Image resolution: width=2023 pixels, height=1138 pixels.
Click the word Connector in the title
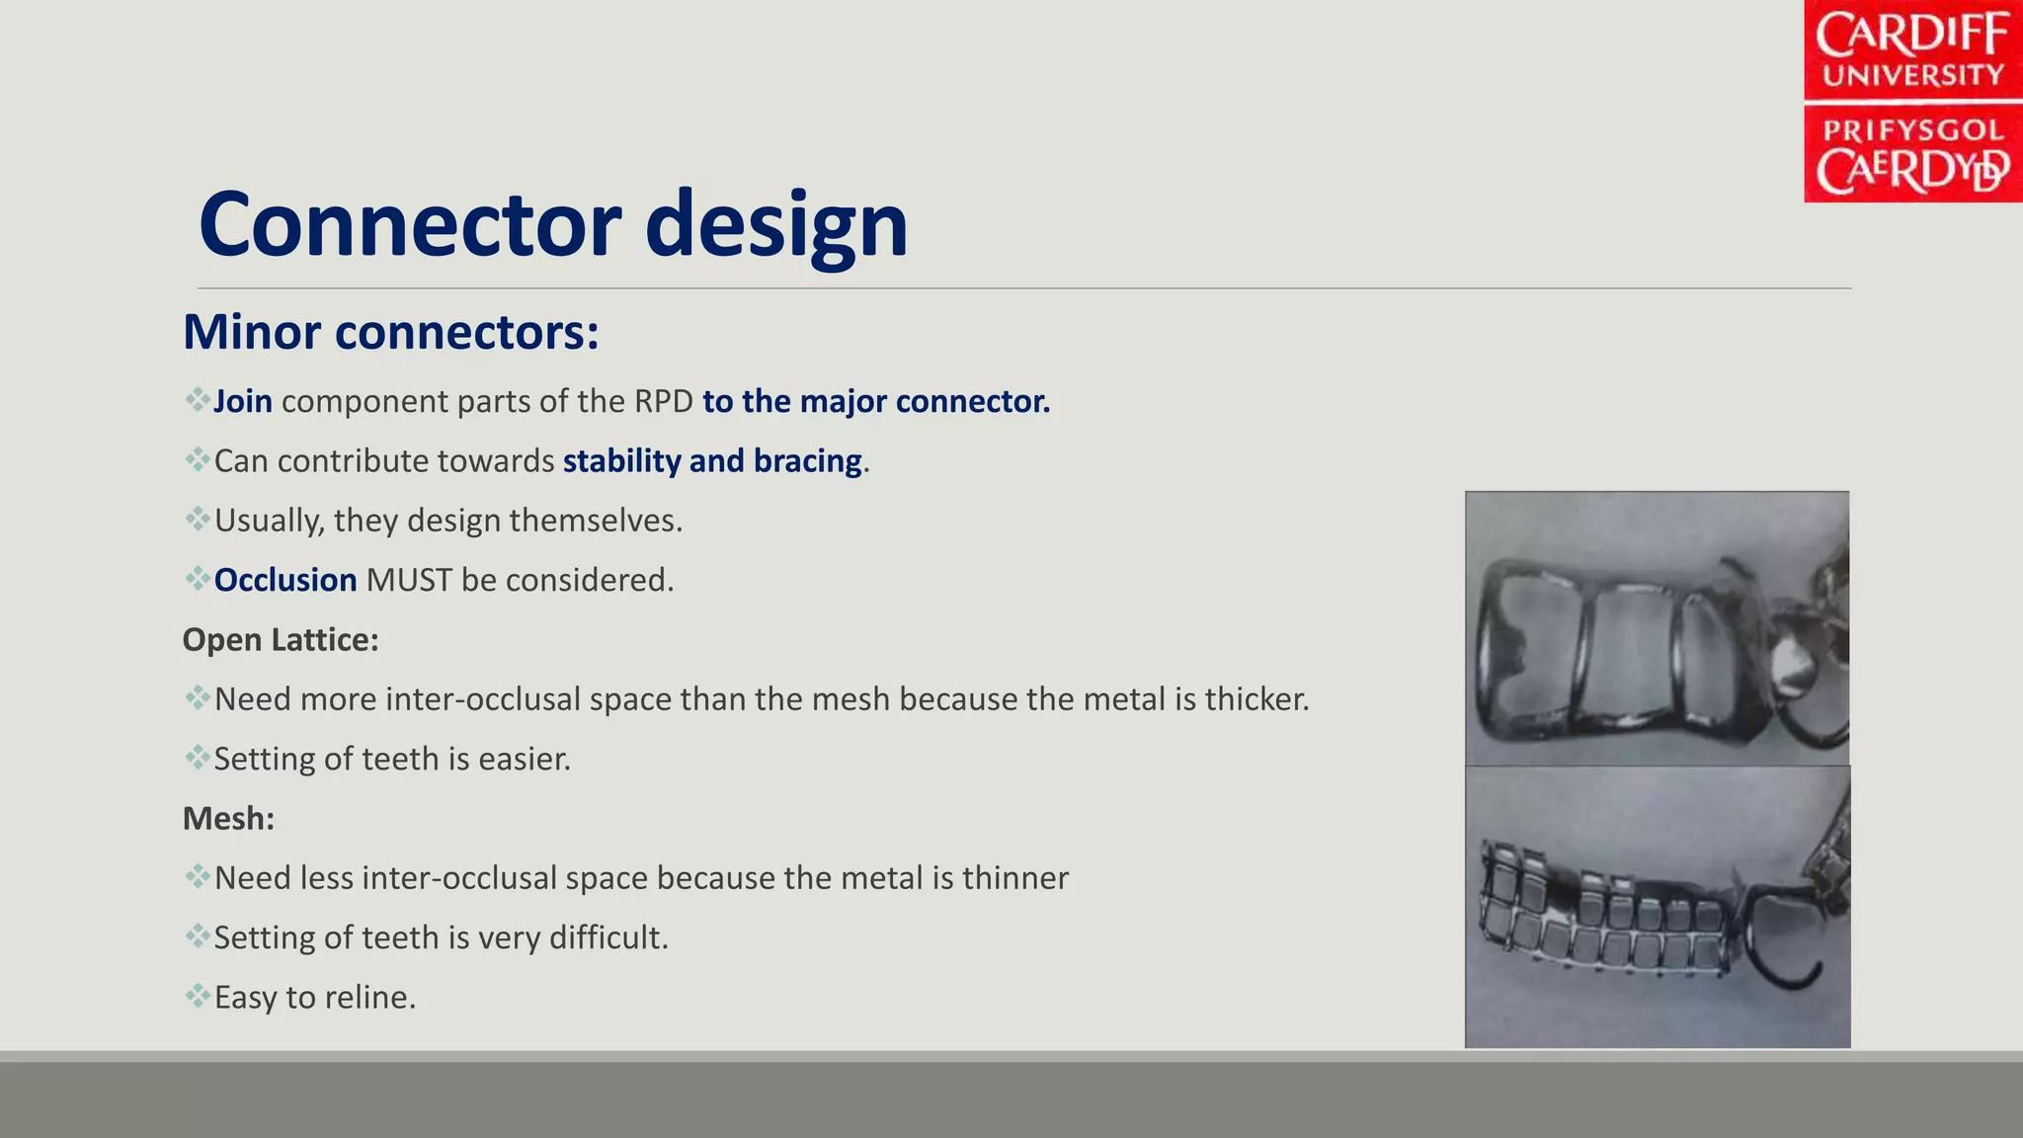(x=411, y=225)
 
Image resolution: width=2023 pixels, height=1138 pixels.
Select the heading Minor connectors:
(x=391, y=332)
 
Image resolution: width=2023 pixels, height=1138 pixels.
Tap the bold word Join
(x=243, y=402)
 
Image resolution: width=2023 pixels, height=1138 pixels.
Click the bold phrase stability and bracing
(x=712, y=461)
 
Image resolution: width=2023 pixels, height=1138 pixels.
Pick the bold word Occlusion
(x=285, y=580)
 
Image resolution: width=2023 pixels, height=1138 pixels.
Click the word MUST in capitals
(x=409, y=580)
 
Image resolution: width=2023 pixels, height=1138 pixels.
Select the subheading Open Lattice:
(x=281, y=640)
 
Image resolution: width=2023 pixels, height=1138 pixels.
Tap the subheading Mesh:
(x=228, y=819)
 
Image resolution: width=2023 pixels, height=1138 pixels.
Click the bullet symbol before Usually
(x=197, y=519)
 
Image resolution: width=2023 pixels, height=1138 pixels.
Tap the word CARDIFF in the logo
(x=1911, y=37)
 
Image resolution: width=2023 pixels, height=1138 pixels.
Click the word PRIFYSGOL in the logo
(x=1912, y=130)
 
